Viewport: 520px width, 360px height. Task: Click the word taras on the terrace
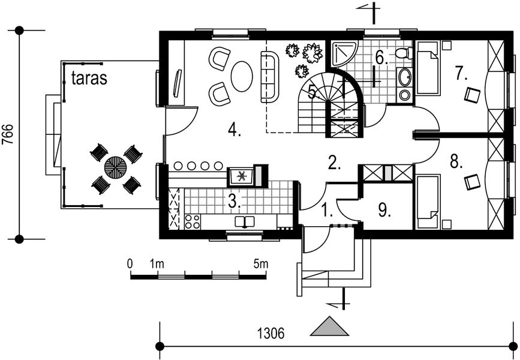click(89, 78)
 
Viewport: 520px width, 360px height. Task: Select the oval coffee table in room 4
click(242, 77)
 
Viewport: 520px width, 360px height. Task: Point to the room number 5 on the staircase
click(312, 92)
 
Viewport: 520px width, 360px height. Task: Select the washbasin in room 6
click(405, 77)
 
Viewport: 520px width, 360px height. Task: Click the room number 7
click(460, 74)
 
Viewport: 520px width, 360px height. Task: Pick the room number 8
click(456, 162)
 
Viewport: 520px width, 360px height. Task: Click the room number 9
click(384, 210)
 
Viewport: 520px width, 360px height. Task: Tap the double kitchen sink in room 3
click(244, 222)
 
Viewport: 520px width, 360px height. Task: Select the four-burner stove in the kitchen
click(192, 221)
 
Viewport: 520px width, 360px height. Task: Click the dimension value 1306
click(272, 332)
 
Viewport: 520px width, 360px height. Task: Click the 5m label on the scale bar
click(260, 263)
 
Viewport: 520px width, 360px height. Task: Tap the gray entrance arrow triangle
click(329, 328)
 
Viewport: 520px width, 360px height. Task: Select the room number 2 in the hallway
click(333, 161)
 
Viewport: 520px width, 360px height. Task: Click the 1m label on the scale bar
click(157, 263)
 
